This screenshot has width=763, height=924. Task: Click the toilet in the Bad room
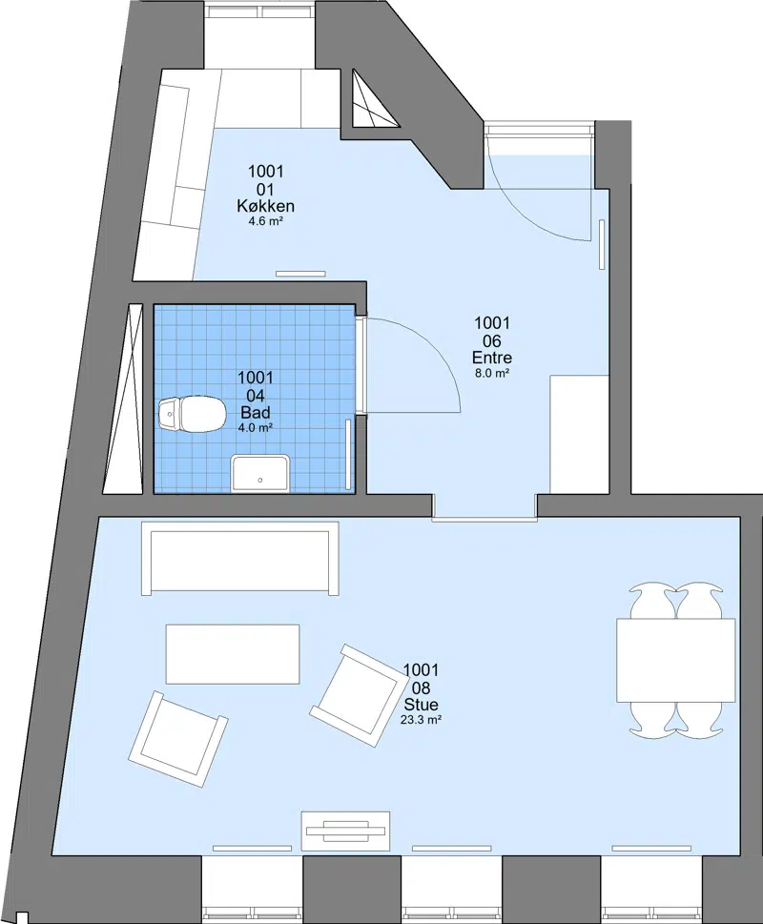coord(192,414)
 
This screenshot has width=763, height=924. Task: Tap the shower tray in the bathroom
coord(260,473)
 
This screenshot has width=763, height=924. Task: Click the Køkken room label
coord(266,206)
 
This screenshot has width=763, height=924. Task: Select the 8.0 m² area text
coord(492,373)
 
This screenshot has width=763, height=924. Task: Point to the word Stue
coord(422,705)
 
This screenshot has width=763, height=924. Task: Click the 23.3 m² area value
coord(422,720)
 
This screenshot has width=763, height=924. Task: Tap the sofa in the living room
coord(240,558)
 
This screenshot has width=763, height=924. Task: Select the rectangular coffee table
coord(233,654)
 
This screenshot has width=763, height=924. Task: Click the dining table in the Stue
coord(676,660)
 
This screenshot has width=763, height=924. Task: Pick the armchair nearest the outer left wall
coord(178,739)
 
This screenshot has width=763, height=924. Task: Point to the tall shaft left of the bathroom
coord(123,399)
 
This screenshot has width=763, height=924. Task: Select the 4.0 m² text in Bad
coord(255,428)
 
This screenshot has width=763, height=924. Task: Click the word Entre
coord(492,358)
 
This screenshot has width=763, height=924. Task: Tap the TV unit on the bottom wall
coord(346,831)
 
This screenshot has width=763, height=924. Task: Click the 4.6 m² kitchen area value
coord(266,221)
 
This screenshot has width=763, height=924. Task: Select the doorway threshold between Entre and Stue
coord(485,519)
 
